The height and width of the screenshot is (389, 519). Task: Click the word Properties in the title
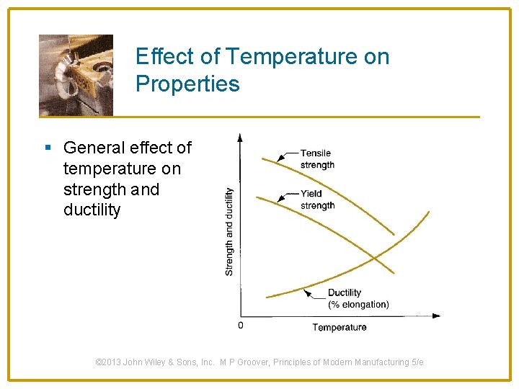point(187,84)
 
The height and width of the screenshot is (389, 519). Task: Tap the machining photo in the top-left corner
point(76,75)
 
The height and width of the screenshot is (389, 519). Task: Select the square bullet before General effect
point(48,148)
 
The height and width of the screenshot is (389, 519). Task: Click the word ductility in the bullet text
point(92,210)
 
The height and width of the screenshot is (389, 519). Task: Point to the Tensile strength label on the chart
point(317,158)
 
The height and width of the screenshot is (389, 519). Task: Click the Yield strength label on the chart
point(317,200)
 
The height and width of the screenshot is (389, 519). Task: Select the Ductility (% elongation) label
point(358,298)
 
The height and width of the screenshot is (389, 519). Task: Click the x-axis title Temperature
point(339,327)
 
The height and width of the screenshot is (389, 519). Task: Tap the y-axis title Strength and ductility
point(229,231)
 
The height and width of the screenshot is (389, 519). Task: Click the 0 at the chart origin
point(241,326)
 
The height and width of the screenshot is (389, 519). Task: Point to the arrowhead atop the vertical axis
point(240,137)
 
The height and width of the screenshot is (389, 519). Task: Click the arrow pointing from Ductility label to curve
point(315,294)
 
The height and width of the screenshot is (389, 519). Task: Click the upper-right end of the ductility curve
point(428,213)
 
